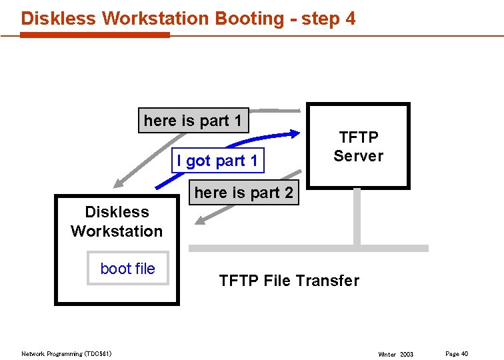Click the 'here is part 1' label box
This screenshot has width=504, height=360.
click(193, 121)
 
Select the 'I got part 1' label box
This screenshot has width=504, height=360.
click(217, 161)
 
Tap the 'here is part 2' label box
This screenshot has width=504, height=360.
click(243, 193)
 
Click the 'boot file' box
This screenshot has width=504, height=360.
click(127, 269)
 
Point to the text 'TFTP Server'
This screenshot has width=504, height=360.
click(359, 147)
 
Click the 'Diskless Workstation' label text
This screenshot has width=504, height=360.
click(117, 221)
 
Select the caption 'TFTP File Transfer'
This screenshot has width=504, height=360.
click(289, 281)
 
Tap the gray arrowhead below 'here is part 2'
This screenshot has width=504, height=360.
click(203, 218)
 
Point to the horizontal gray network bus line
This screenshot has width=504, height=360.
click(308, 248)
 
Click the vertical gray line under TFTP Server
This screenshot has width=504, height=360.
click(357, 217)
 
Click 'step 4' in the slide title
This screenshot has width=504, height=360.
click(328, 18)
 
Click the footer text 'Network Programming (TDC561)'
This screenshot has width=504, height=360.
click(67, 353)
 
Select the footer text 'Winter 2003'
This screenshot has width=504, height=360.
click(395, 354)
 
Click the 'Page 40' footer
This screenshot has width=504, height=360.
click(457, 353)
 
